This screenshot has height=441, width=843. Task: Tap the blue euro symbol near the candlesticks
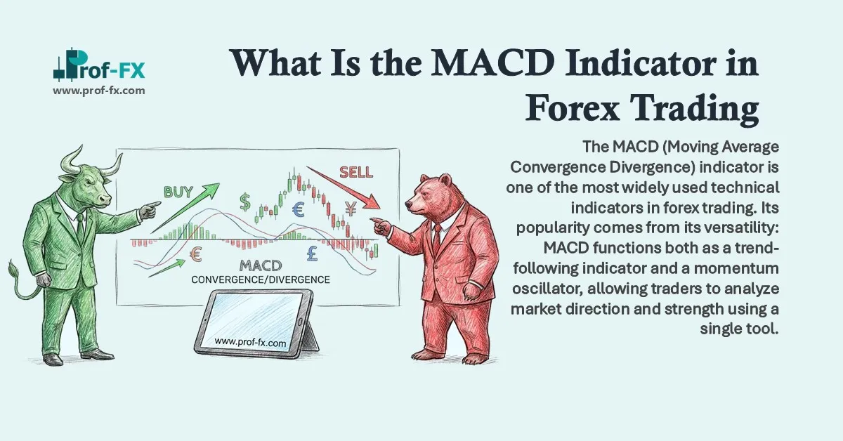pos(298,209)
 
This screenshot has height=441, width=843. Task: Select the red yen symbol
pos(351,207)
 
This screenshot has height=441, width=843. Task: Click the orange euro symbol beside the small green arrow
pos(196,255)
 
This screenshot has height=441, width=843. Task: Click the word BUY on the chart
pos(179,191)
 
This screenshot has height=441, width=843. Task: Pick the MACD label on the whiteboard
pos(261,266)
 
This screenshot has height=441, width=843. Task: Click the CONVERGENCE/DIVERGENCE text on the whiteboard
pos(261,279)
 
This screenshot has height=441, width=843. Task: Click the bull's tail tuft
pos(13,269)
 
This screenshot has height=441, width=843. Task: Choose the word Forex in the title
pos(587,110)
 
